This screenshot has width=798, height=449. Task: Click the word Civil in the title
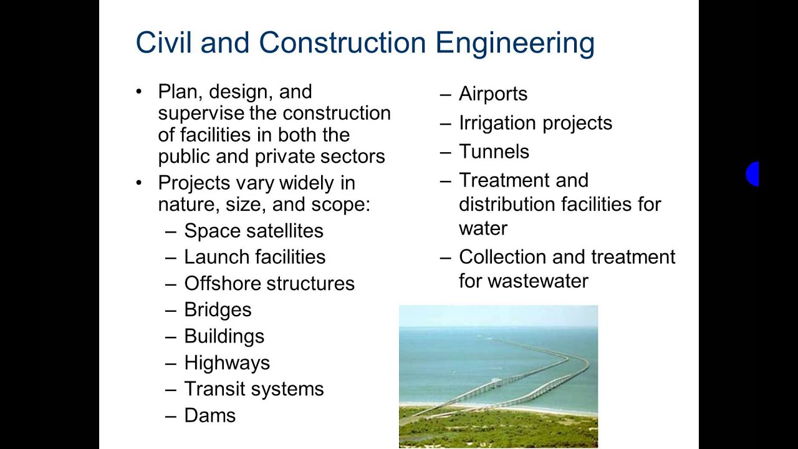pyautogui.click(x=163, y=43)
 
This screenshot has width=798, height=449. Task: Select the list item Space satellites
pyautogui.click(x=253, y=231)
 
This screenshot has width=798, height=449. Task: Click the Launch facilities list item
pyautogui.click(x=254, y=257)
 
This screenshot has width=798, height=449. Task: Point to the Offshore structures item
pyautogui.click(x=269, y=283)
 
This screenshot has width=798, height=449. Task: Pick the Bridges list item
pyautogui.click(x=218, y=310)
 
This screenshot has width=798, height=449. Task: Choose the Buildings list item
pyautogui.click(x=224, y=336)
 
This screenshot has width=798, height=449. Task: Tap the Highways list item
pyautogui.click(x=227, y=362)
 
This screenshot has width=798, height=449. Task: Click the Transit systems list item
pyautogui.click(x=254, y=389)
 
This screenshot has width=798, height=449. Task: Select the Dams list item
pyautogui.click(x=209, y=415)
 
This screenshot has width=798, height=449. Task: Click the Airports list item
pyautogui.click(x=493, y=94)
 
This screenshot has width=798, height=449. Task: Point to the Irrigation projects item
pyautogui.click(x=535, y=123)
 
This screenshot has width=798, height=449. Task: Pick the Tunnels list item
pyautogui.click(x=494, y=152)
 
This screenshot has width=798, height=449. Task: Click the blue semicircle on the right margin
pyautogui.click(x=752, y=174)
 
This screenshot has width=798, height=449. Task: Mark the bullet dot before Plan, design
pyautogui.click(x=139, y=92)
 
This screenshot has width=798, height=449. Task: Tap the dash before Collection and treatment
pyautogui.click(x=445, y=257)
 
